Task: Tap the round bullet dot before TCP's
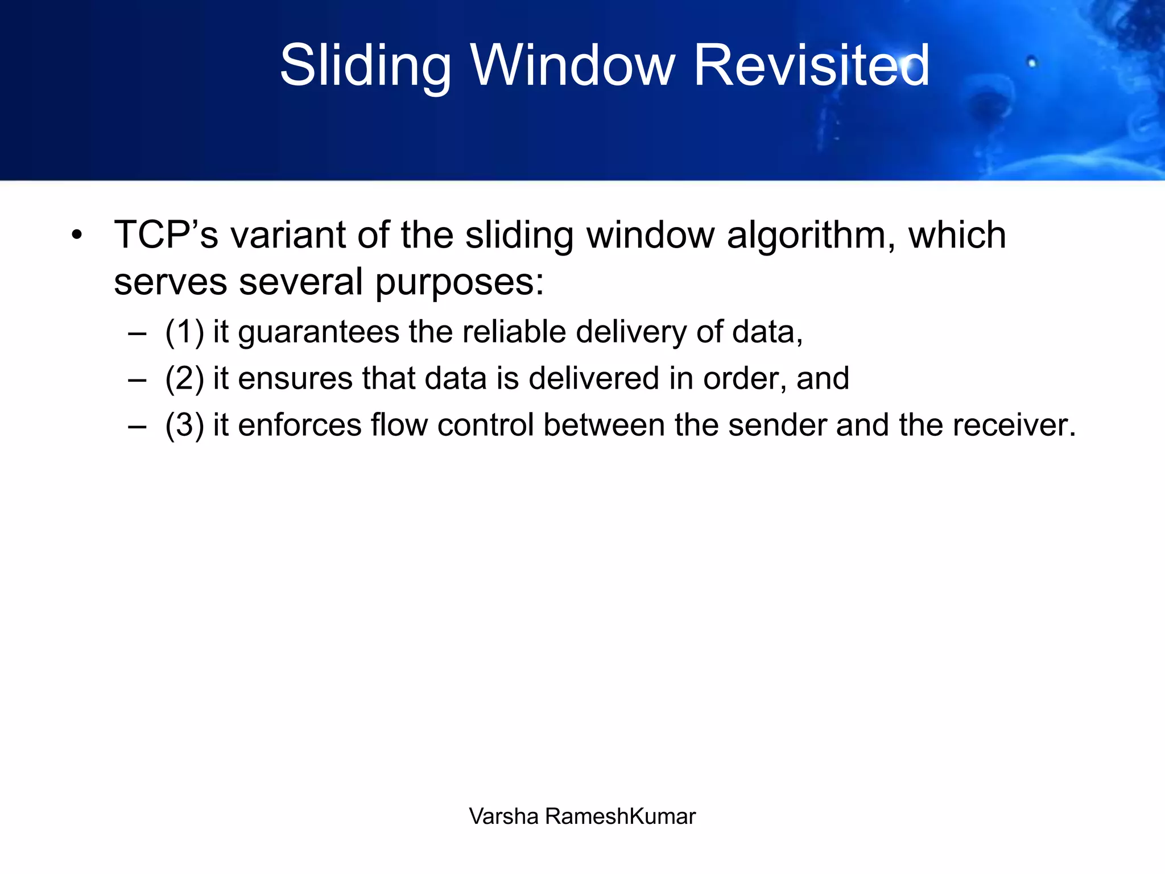point(77,235)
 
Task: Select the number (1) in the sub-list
point(184,332)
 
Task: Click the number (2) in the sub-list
point(184,378)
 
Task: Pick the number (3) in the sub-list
point(184,425)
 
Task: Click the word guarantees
point(319,332)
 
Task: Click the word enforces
point(299,425)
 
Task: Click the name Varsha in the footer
point(503,816)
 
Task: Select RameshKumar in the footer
point(620,816)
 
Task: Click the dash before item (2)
point(137,379)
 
